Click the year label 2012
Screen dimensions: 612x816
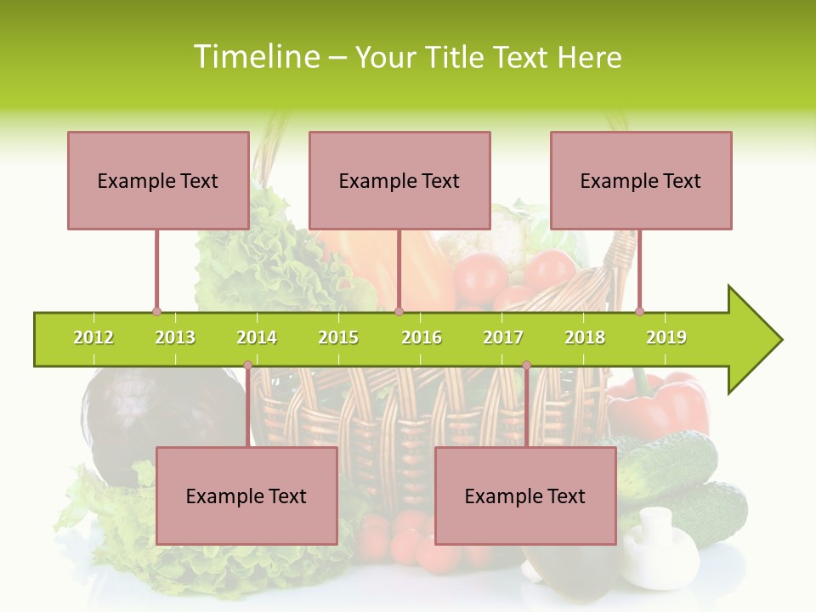[x=93, y=337]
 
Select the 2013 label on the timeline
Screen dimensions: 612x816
[x=175, y=337]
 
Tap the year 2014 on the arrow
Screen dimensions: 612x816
[x=257, y=337]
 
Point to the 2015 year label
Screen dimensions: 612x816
[x=338, y=337]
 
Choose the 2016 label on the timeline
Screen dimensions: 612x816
[x=422, y=337]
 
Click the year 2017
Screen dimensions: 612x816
[x=503, y=337]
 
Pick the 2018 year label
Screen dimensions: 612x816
[x=585, y=337]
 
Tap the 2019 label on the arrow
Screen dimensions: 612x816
[x=666, y=337]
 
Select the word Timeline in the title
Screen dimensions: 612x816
[x=255, y=57]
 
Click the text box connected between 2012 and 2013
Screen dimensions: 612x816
[x=158, y=180]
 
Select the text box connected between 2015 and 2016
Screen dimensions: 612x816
[x=399, y=180]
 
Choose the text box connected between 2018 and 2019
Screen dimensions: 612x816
[x=641, y=180]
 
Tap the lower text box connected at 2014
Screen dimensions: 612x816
[x=246, y=496]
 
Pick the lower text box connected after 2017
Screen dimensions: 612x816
[x=525, y=496]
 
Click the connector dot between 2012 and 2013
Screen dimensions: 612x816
[x=156, y=311]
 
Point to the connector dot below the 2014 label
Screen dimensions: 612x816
[x=247, y=365]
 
